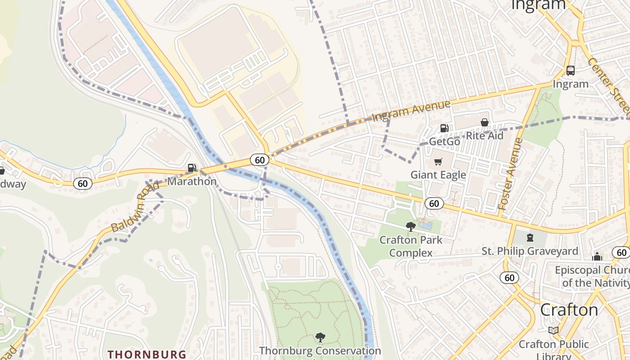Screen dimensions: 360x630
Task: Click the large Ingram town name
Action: point(539,4)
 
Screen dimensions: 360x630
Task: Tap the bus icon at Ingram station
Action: point(570,71)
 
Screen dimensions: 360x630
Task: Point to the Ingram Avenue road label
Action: point(411,111)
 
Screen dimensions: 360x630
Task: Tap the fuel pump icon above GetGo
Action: point(444,128)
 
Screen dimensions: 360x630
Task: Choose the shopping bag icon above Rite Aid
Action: point(485,122)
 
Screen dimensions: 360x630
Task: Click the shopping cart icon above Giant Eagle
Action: point(438,162)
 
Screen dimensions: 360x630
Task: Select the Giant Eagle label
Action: point(438,175)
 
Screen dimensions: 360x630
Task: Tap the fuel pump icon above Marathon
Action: point(192,168)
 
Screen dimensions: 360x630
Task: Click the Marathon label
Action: point(192,181)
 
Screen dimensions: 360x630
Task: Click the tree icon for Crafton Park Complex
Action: point(410,226)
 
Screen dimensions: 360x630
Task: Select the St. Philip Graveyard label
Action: point(530,251)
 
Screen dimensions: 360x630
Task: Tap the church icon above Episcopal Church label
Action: point(597,256)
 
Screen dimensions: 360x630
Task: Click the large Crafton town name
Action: point(569,310)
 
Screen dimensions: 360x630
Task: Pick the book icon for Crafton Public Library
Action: point(553,331)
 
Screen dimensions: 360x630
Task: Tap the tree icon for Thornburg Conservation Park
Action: point(320,337)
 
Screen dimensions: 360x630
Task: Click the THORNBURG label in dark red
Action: point(147,354)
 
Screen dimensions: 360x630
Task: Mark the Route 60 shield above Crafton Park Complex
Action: point(434,204)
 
